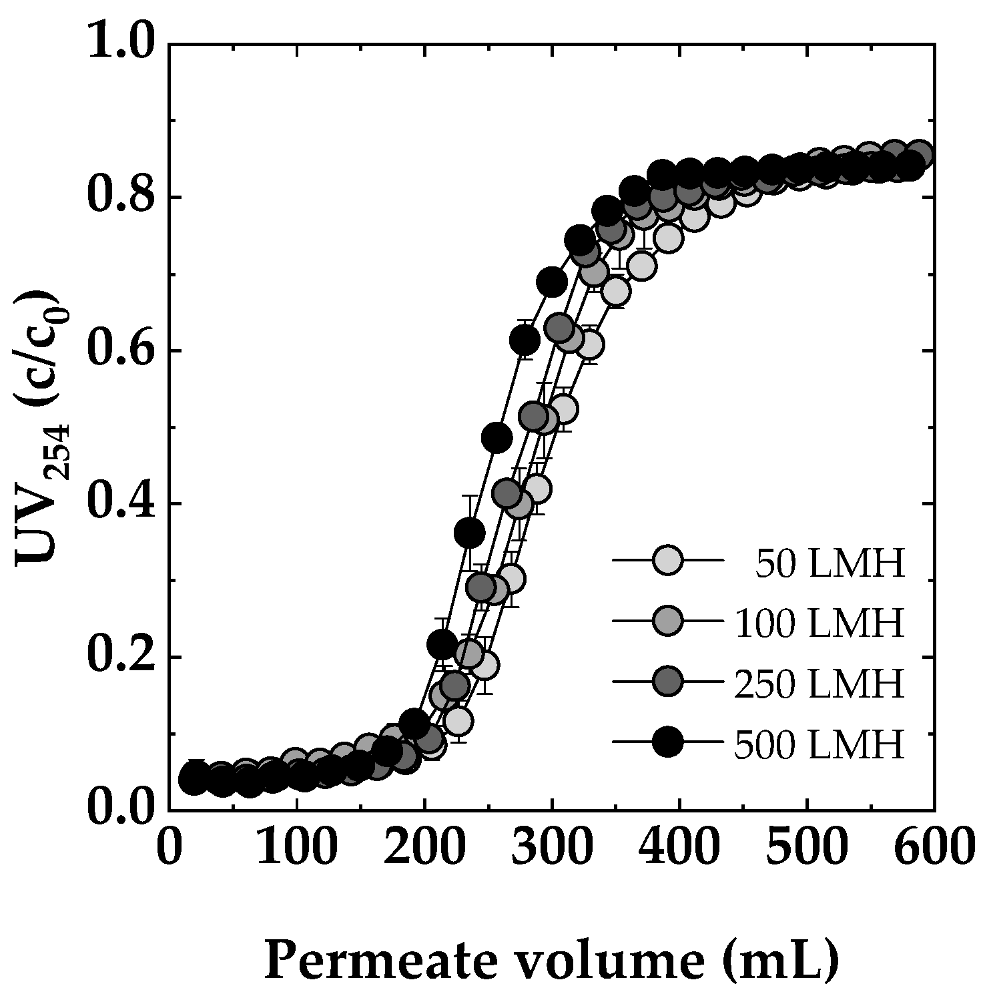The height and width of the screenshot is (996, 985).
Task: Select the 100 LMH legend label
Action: tap(819, 624)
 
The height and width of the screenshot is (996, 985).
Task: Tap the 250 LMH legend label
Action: tap(819, 684)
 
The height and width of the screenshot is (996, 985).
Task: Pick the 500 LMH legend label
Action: tap(819, 744)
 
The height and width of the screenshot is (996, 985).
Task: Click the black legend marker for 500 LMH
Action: tap(667, 743)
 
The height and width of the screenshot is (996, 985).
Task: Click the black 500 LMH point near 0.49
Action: tap(497, 437)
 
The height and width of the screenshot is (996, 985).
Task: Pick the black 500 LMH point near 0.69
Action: tap(552, 282)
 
